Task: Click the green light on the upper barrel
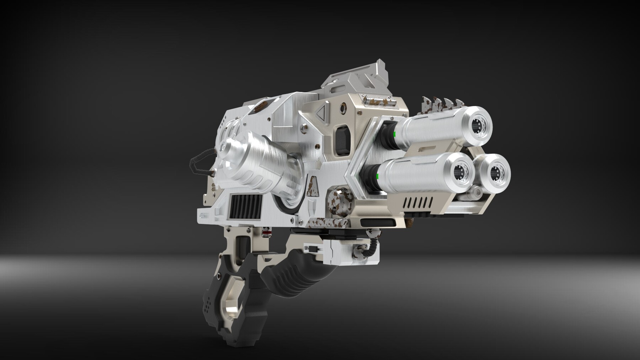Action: pos(395,134)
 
